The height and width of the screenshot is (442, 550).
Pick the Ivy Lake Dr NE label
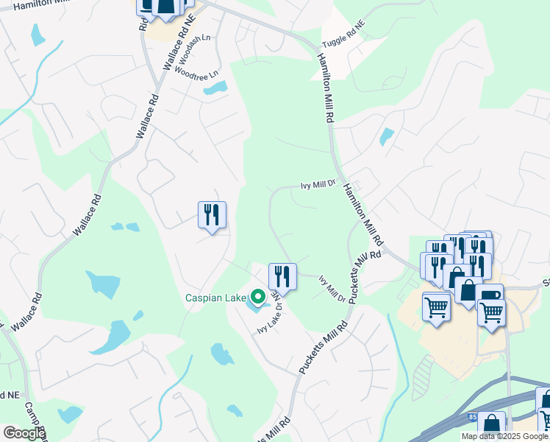coord(268,312)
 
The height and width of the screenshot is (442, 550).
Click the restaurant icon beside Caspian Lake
coord(282,277)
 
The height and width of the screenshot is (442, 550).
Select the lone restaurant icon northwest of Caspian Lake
coord(212,215)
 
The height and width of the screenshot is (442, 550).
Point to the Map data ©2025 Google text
coord(504,436)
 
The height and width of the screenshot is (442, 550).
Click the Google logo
coord(24,433)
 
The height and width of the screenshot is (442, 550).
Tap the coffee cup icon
coord(490,297)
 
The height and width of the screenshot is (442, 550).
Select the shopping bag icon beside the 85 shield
coord(490,424)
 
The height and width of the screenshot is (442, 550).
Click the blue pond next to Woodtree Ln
coord(215,89)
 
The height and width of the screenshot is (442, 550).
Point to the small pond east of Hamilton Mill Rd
coord(386,136)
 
